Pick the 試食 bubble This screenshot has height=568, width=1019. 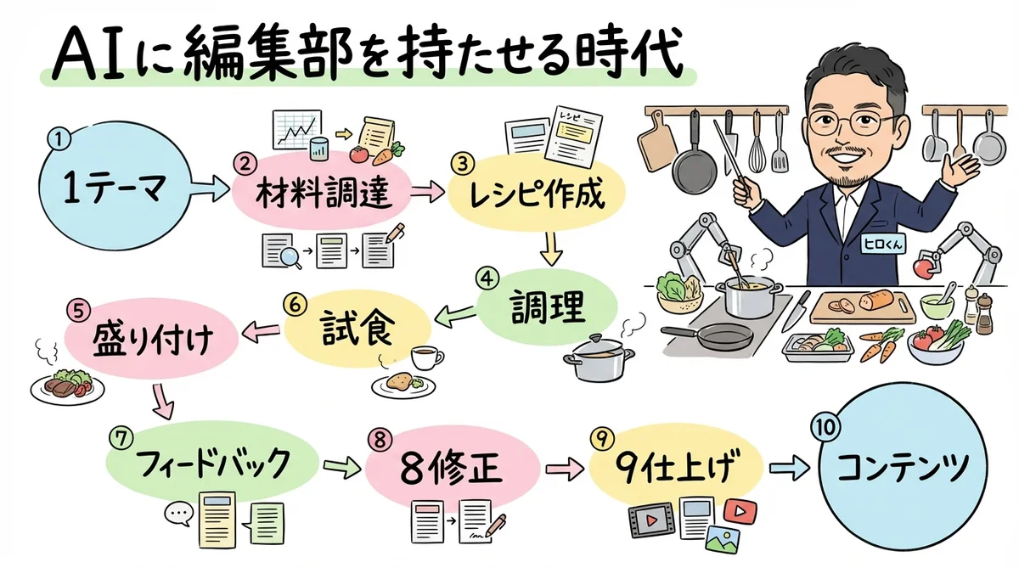357,326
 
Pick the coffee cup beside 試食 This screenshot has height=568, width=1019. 424,356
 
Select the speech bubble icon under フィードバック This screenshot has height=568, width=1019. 178,512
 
